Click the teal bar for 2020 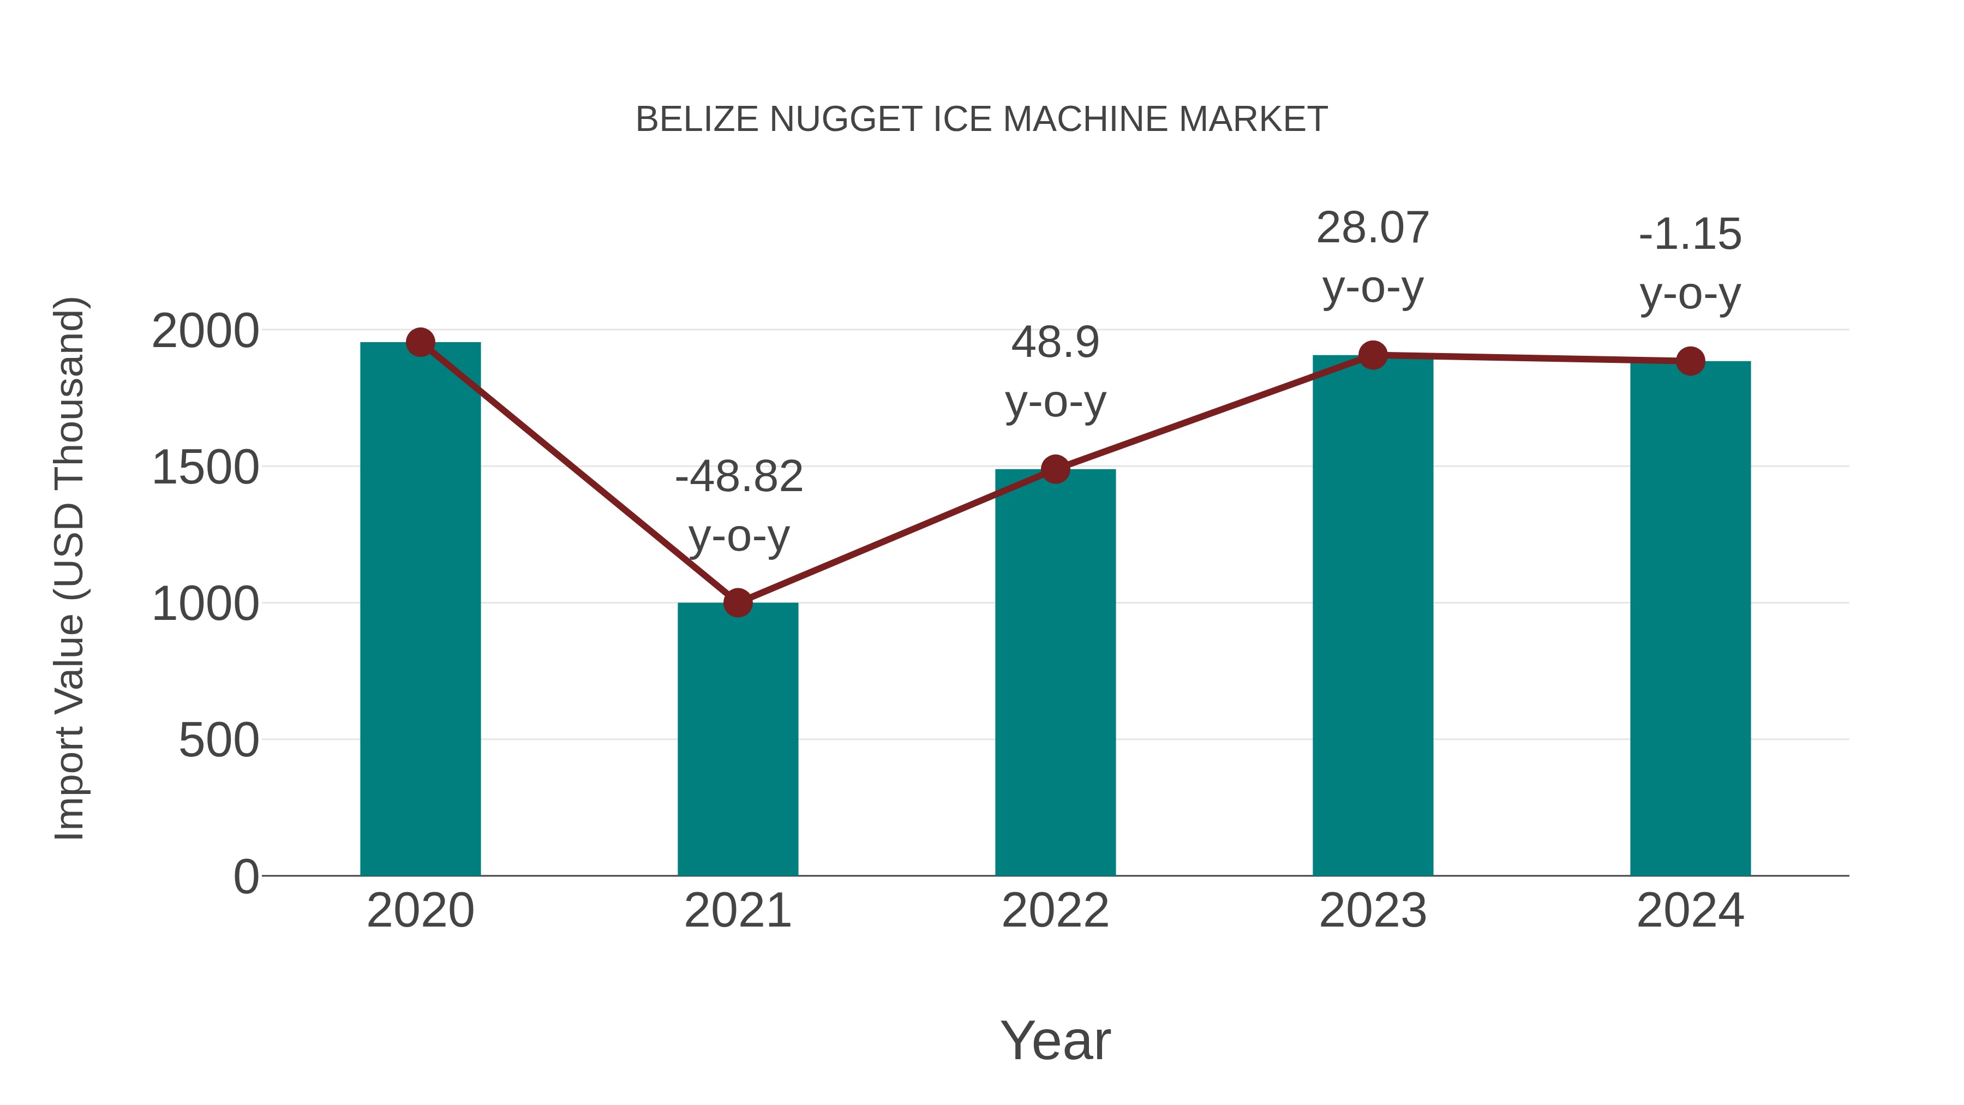click(420, 610)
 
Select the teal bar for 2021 click(737, 740)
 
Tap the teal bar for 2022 click(1055, 671)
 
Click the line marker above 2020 click(421, 342)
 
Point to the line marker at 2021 click(737, 602)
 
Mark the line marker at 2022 click(1055, 469)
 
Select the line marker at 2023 click(1373, 355)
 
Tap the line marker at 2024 click(1690, 361)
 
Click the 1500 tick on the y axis click(205, 468)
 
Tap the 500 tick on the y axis click(218, 740)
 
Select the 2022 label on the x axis click(1055, 911)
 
